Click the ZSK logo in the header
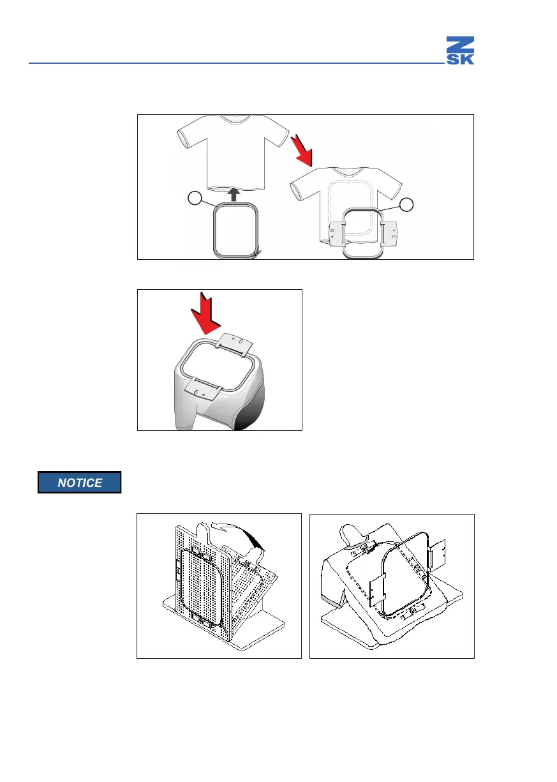(459, 50)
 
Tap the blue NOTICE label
(79, 483)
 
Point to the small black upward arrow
(235, 194)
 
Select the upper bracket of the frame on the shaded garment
(232, 343)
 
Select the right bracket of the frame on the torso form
(439, 553)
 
